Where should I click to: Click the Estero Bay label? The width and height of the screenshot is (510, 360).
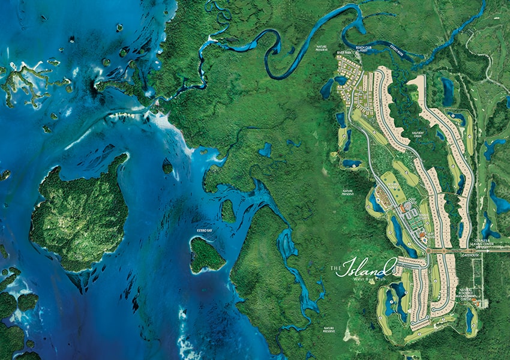205,230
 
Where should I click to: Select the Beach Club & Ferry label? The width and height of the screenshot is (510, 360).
364,49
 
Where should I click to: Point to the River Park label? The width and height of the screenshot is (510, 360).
344,53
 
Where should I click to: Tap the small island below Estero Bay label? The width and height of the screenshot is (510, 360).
206,256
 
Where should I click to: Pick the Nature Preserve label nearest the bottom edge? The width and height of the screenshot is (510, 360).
329,329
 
